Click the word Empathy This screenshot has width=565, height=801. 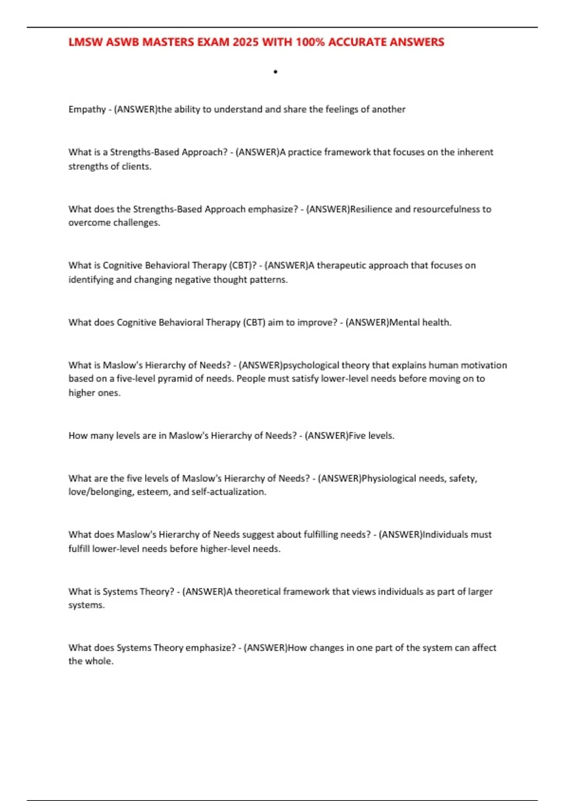(x=87, y=109)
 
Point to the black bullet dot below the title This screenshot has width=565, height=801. (x=275, y=72)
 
